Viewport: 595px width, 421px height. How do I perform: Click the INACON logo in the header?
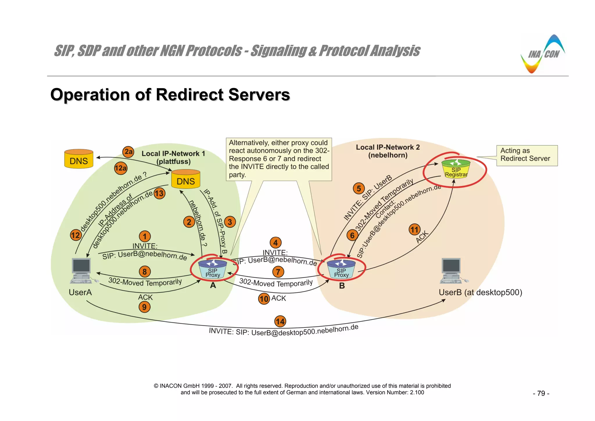coord(542,55)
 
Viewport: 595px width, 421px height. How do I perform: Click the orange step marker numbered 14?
coord(280,322)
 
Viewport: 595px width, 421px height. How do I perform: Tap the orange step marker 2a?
coord(128,152)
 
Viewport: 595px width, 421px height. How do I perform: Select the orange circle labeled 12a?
coord(121,168)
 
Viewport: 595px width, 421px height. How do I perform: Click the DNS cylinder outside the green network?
coord(79,159)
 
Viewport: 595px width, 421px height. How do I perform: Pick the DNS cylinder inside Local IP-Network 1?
coord(186,179)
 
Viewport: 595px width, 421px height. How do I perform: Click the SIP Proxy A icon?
coord(213,269)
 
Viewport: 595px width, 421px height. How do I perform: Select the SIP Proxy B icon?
coord(341,269)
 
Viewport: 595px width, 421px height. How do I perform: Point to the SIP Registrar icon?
coord(456,169)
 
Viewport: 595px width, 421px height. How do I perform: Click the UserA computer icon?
coord(82,271)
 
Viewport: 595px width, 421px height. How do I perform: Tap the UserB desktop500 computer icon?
coord(452,271)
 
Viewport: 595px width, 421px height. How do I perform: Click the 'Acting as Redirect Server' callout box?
coord(527,155)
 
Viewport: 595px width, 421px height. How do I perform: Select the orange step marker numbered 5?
coord(359,188)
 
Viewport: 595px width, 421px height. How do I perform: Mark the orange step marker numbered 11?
coord(414,230)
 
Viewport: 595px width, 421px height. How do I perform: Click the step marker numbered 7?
coord(278,272)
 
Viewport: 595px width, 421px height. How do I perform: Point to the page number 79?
coord(541,393)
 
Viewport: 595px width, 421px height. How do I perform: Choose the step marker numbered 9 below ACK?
coord(144,307)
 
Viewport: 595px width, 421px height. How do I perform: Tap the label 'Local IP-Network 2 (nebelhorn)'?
coord(388,151)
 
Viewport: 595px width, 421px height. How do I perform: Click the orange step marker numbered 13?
coord(159,194)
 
